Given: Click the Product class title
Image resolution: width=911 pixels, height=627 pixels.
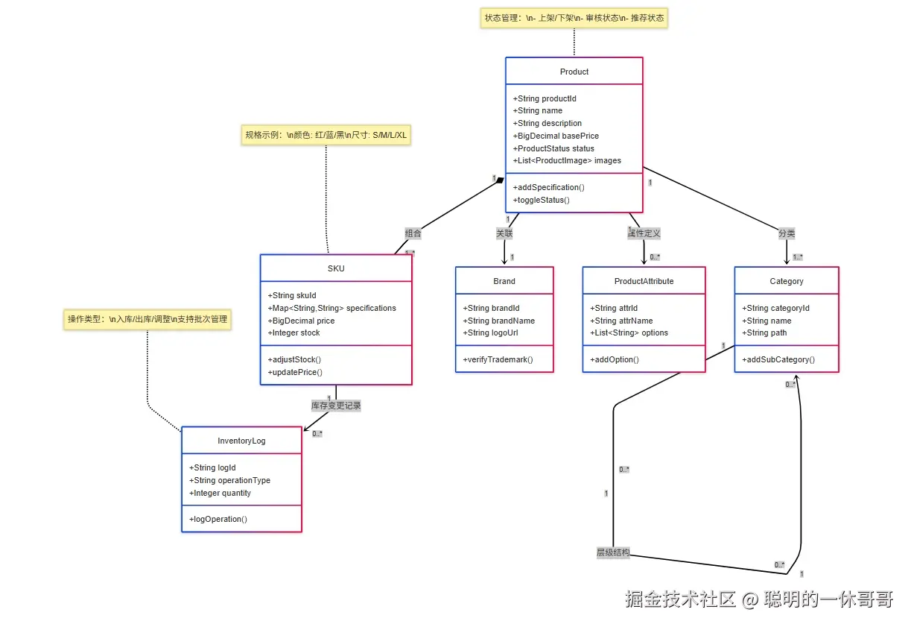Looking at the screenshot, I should [x=574, y=72].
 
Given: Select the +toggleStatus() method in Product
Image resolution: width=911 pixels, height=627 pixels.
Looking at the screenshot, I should [x=541, y=200].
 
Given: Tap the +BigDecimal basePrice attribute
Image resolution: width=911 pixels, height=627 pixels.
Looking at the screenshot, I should [x=556, y=136].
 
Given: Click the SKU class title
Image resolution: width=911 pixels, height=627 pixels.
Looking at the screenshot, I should [x=336, y=268].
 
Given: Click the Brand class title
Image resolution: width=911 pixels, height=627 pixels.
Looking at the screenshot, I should [x=504, y=281].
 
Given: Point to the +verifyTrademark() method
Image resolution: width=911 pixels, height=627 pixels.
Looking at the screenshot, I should [x=498, y=359].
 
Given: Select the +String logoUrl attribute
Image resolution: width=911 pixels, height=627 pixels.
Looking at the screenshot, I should [x=490, y=333].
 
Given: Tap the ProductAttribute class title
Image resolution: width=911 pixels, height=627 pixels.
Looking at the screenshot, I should [x=644, y=281].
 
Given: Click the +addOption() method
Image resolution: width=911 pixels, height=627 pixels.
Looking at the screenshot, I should [x=615, y=359].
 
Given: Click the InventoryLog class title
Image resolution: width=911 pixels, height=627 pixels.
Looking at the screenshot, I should [x=241, y=441].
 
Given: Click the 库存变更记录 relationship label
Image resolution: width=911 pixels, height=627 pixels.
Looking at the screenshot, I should [x=336, y=406].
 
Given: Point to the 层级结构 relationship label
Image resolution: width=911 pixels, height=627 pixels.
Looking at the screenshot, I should [x=612, y=552].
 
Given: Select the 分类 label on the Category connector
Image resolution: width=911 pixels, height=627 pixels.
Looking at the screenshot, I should [x=787, y=233].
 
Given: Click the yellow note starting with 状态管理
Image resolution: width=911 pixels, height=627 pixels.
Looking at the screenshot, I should [x=574, y=18].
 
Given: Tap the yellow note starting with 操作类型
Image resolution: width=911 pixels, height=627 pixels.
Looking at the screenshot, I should [x=147, y=319].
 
